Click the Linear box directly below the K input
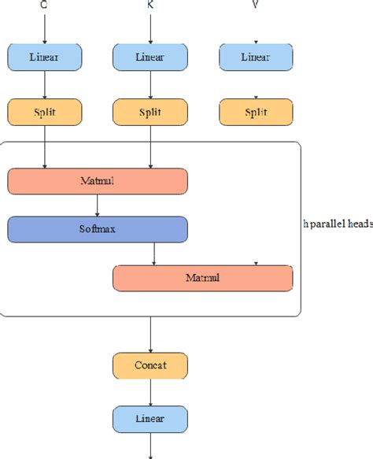[150, 57]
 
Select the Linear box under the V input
[255, 57]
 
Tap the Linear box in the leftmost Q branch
[44, 57]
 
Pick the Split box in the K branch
[150, 112]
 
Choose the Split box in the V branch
[255, 112]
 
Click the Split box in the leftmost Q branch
[44, 112]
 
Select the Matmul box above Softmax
[98, 181]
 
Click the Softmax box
[98, 229]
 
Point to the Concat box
[150, 365]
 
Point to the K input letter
[150, 5]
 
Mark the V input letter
[255, 5]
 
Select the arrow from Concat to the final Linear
[150, 391]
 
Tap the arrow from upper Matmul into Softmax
[98, 205]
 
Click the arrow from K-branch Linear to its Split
[150, 84]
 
